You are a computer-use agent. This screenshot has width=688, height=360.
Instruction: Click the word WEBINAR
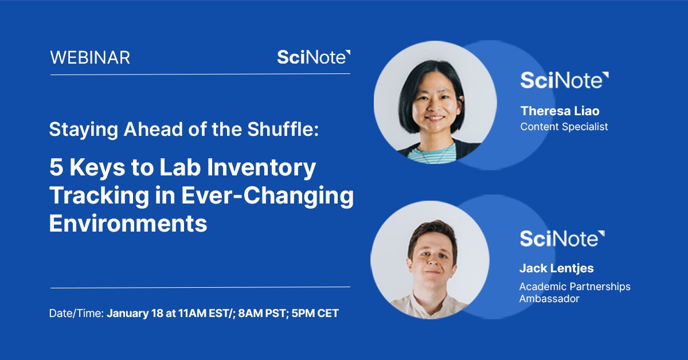(90, 58)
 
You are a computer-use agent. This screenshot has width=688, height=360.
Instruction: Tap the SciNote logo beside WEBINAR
(313, 57)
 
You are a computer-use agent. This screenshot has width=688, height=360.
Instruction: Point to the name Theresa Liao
(560, 111)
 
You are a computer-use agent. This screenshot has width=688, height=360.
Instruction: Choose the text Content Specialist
(564, 126)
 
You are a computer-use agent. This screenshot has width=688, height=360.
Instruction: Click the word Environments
(128, 223)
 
